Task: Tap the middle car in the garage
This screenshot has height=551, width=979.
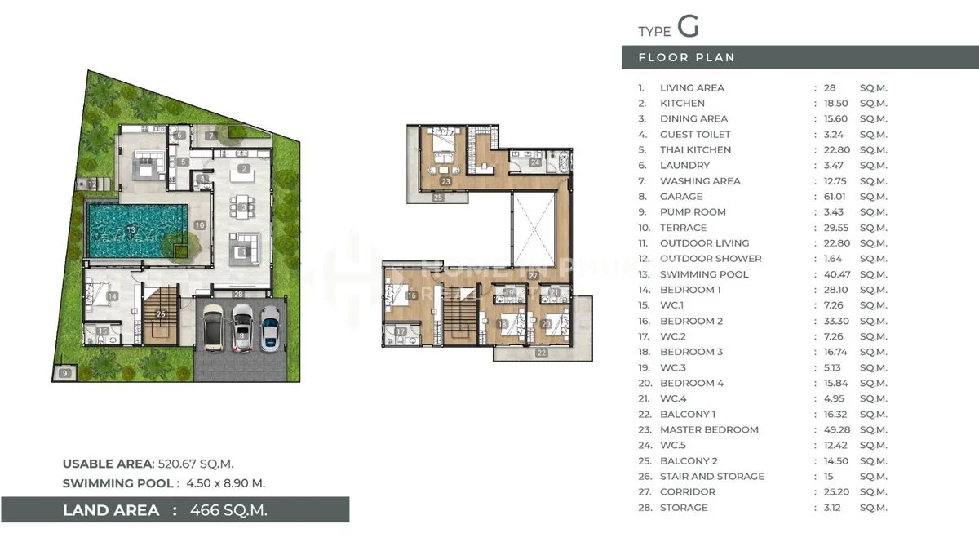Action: tap(242, 328)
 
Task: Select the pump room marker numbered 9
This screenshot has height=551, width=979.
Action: tap(65, 374)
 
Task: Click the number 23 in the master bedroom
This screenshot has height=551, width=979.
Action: tap(445, 181)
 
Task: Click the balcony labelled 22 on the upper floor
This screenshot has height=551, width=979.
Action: tap(542, 353)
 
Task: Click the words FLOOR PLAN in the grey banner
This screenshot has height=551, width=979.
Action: tap(686, 57)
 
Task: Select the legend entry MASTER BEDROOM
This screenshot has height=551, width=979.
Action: tap(709, 430)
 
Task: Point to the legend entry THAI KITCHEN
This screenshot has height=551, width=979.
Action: tap(695, 150)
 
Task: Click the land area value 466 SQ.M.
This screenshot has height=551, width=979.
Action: tap(228, 510)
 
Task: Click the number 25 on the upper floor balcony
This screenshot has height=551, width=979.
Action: tap(438, 198)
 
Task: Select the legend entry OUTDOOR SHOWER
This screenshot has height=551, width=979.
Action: tap(711, 259)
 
